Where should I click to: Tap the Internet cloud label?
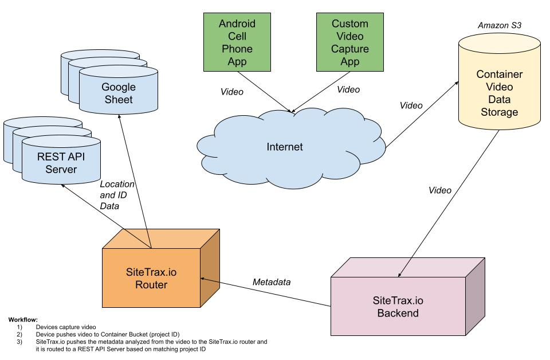tap(285, 147)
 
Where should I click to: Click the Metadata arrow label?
tap(272, 282)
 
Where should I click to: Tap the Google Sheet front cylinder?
tap(118, 93)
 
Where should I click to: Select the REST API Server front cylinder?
tap(58, 163)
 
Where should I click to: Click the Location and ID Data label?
tap(117, 195)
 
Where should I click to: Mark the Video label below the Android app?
tap(232, 92)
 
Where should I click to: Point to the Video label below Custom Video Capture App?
tap(348, 89)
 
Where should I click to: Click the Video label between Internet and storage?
tap(411, 105)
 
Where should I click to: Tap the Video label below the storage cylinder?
tap(440, 190)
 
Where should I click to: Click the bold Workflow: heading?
tap(23, 319)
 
